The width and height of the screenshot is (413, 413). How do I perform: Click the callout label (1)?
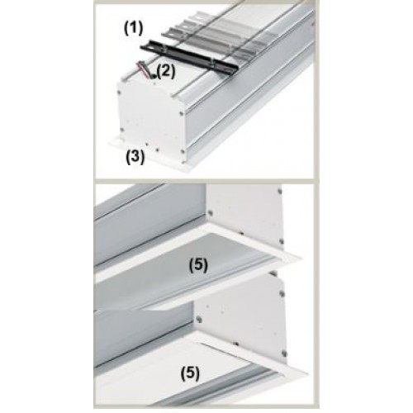(133, 29)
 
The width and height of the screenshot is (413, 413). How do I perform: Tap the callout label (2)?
(166, 72)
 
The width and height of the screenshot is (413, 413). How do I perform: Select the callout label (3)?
(135, 157)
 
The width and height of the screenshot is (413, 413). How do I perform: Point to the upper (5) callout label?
(198, 265)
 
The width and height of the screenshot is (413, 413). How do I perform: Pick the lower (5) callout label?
(190, 373)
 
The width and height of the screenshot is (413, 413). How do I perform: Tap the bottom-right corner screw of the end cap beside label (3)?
(182, 151)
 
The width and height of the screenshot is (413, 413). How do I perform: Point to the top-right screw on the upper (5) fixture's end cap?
(280, 190)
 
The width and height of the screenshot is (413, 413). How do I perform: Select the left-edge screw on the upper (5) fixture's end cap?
(210, 212)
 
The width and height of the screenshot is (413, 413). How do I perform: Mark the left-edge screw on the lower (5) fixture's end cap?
(200, 319)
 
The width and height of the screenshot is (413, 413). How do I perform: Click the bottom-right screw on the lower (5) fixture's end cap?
(283, 352)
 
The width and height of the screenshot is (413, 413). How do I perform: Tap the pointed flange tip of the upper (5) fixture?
(301, 258)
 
